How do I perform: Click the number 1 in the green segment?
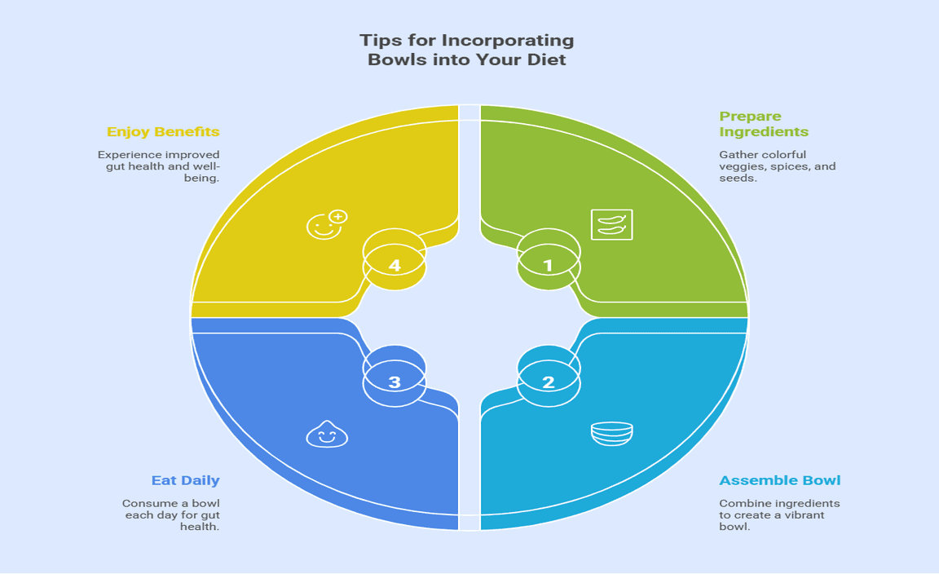(548, 266)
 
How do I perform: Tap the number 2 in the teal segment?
(548, 382)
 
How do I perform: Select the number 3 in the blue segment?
(395, 382)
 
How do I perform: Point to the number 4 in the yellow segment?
(395, 266)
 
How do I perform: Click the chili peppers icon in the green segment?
(611, 224)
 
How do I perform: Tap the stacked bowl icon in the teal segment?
(611, 434)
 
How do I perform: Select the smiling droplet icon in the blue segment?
(326, 435)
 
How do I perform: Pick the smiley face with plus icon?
(326, 223)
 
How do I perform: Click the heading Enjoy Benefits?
(163, 131)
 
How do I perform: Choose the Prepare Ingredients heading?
(764, 124)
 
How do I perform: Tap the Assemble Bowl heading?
(780, 480)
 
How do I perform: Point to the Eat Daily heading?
(186, 480)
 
